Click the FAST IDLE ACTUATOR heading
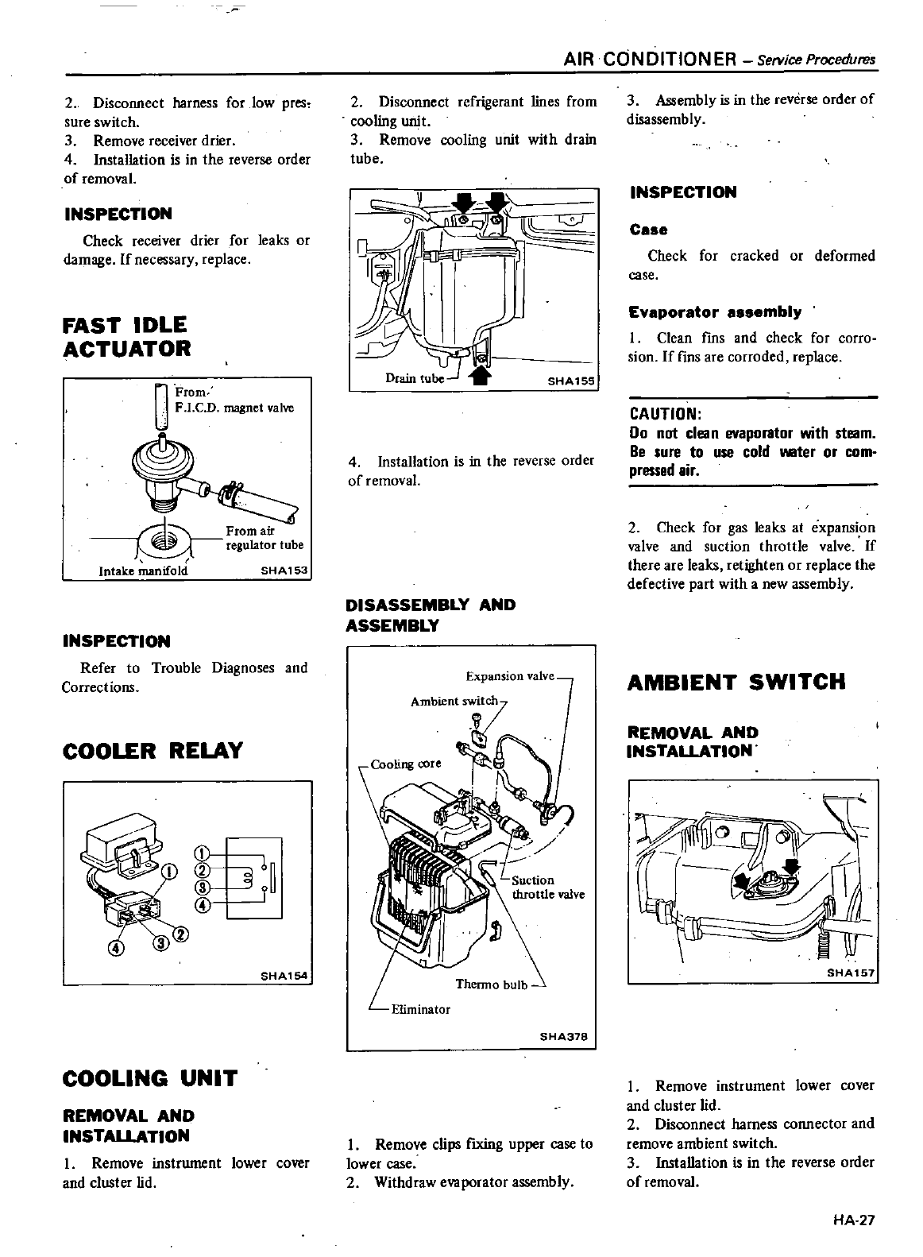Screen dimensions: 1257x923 pyautogui.click(x=126, y=336)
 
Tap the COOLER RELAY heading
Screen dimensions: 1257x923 pyautogui.click(x=152, y=750)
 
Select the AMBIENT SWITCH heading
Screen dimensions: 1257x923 pyautogui.click(x=736, y=682)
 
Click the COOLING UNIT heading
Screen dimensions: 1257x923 pyautogui.click(x=149, y=1078)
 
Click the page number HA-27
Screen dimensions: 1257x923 pyautogui.click(x=854, y=1220)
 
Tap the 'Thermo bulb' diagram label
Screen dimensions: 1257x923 pyautogui.click(x=491, y=985)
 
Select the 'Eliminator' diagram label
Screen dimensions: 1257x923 pyautogui.click(x=420, y=1009)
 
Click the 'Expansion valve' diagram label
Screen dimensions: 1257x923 pyautogui.click(x=509, y=676)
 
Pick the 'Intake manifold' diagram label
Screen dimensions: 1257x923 pyautogui.click(x=143, y=570)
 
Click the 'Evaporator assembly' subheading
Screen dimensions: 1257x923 pyautogui.click(x=715, y=311)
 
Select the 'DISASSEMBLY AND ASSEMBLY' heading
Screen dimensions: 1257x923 pyautogui.click(x=431, y=615)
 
